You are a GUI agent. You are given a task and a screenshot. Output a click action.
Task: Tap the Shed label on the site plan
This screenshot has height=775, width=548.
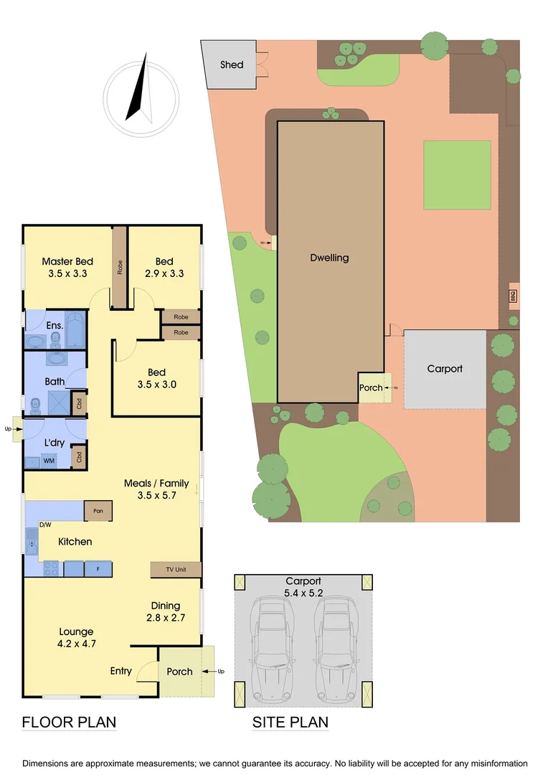point(231,65)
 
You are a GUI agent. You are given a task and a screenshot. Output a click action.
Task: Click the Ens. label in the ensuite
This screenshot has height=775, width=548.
point(55,326)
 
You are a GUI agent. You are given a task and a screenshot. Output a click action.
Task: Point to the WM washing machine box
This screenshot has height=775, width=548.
point(49,461)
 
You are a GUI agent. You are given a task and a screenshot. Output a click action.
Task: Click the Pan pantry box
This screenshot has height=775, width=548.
point(98,511)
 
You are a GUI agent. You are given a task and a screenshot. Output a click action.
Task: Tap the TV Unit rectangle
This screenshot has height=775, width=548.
point(176,570)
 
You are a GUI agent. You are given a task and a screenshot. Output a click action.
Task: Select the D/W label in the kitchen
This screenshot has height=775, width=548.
point(45,525)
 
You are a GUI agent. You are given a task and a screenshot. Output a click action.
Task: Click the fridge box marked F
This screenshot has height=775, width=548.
point(97,569)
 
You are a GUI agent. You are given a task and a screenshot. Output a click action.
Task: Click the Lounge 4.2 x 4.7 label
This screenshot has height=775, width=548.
point(76,638)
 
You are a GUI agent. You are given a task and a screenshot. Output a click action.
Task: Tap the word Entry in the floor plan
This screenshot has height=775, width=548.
point(121,671)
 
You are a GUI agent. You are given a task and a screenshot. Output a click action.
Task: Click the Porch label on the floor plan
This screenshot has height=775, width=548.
point(179,672)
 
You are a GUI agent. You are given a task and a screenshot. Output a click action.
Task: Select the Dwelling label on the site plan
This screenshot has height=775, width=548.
point(329,258)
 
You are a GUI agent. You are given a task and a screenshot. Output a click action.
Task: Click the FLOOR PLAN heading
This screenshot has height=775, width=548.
point(69,722)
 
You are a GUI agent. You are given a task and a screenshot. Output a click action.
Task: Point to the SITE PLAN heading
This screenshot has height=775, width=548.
point(290,722)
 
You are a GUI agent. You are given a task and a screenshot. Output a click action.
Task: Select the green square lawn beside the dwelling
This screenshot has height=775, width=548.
point(457,175)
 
